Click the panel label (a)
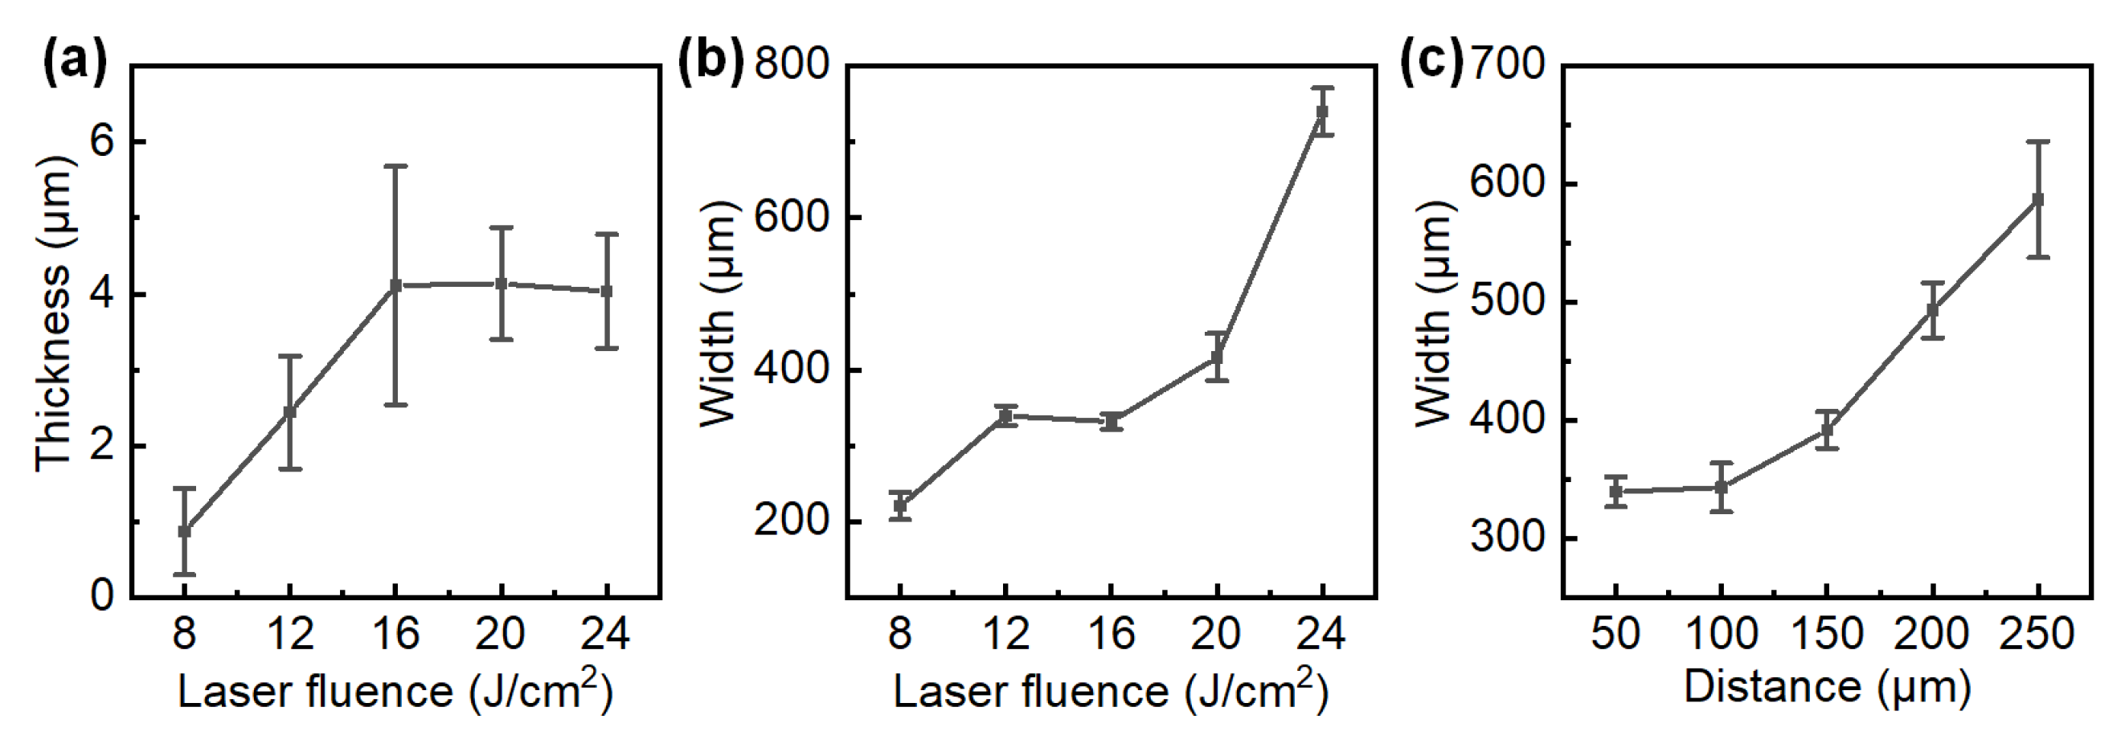(74, 62)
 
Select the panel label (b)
(710, 62)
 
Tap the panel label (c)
(1432, 62)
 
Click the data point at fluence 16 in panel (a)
(395, 285)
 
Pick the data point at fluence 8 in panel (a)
(185, 531)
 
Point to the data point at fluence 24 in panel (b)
(1322, 112)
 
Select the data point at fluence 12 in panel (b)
(1005, 416)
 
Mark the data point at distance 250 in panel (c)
(2037, 199)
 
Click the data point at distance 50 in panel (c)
(1616, 493)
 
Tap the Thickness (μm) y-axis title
(55, 314)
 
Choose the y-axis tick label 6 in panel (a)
(101, 142)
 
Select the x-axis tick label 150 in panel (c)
(1827, 634)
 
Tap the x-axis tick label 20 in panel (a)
(501, 634)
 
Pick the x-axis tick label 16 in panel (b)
(1112, 634)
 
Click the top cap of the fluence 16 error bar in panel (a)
(395, 166)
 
